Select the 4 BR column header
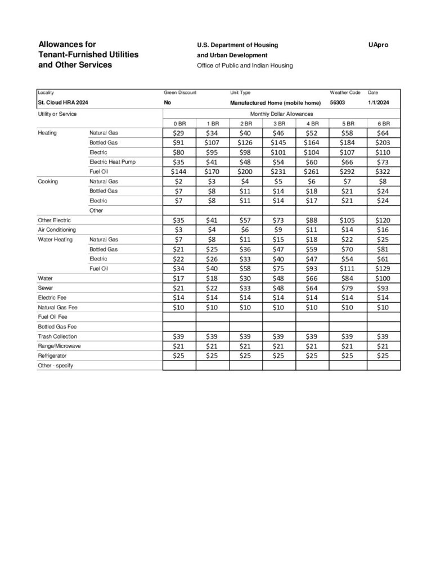point(313,123)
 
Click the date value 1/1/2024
point(378,103)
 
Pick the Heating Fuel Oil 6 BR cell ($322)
point(383,171)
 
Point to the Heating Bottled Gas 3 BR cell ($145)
point(278,142)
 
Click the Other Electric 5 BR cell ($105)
point(348,220)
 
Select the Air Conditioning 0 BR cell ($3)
point(179,229)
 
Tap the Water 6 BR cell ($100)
point(383,278)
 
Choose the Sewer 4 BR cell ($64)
point(313,287)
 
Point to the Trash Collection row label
point(57,336)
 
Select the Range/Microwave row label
point(59,346)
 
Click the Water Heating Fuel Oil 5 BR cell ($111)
point(348,268)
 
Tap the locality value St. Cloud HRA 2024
point(63,103)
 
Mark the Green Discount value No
point(168,103)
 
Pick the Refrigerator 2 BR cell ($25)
point(245,355)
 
